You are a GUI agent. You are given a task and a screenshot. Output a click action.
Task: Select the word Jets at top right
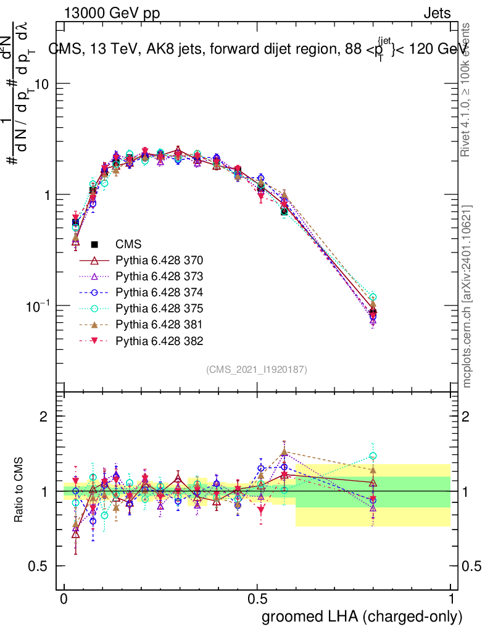pyautogui.click(x=437, y=14)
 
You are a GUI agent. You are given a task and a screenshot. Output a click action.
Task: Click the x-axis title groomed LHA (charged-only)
pyautogui.click(x=363, y=617)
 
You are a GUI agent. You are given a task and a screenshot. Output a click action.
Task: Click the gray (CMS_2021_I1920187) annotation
pyautogui.click(x=257, y=369)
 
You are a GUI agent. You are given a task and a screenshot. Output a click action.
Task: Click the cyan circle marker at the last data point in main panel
pyautogui.click(x=373, y=297)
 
